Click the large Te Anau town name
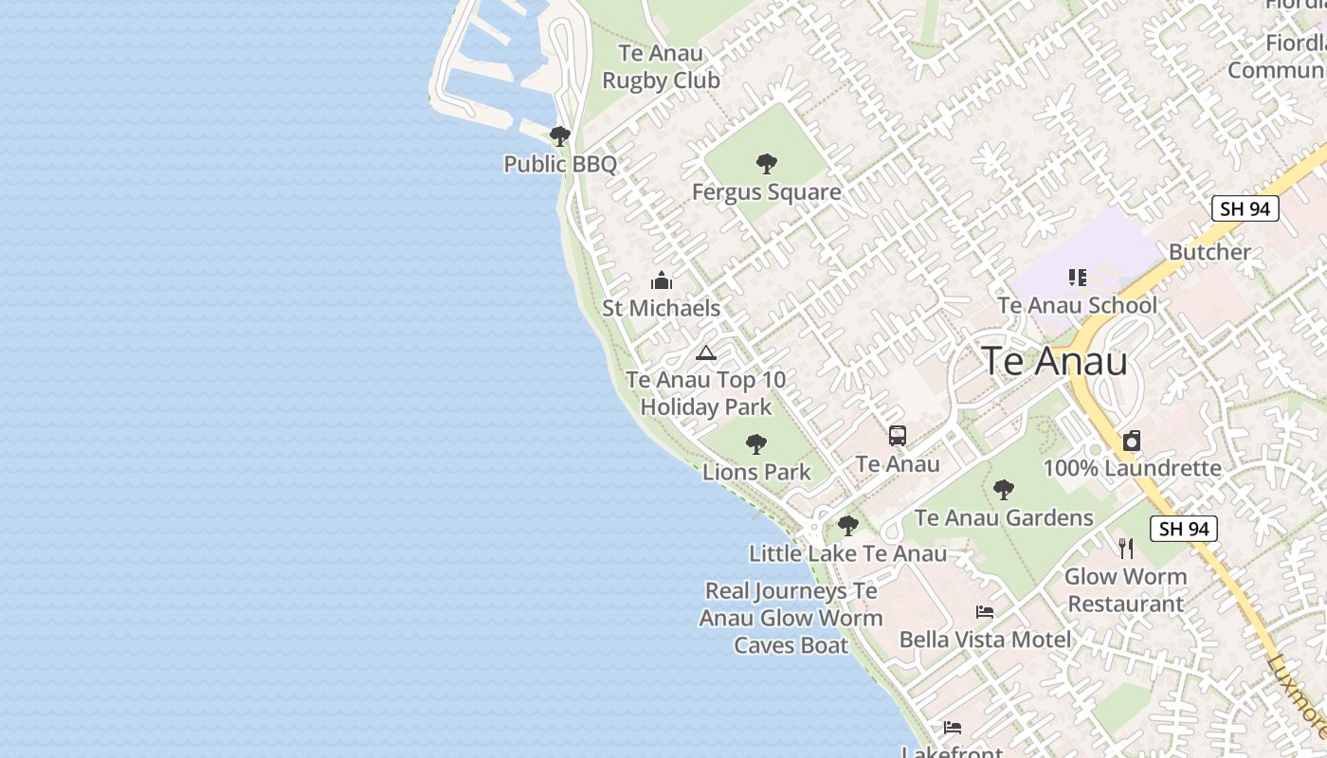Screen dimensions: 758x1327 [x=1054, y=362]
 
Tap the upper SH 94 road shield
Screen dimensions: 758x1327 [x=1245, y=209]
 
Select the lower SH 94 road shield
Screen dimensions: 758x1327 [x=1184, y=530]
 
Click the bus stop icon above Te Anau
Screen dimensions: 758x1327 [x=898, y=436]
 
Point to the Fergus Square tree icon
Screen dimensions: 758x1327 [x=767, y=164]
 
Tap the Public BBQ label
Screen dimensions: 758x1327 [x=560, y=164]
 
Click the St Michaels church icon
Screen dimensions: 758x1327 [x=662, y=280]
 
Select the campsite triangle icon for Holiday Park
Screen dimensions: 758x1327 [x=705, y=353]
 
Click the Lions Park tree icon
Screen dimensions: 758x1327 [x=755, y=443]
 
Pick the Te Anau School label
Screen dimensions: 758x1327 [x=1078, y=305]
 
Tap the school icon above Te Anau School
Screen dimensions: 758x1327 [x=1078, y=278]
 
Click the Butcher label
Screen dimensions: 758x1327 [x=1209, y=252]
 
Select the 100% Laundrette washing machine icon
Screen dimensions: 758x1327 [x=1132, y=441]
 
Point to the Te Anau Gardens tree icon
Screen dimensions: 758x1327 [x=1004, y=490]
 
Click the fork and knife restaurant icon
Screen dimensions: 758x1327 [x=1126, y=548]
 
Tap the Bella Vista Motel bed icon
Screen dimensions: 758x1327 [x=985, y=612]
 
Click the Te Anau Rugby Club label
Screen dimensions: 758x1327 [x=662, y=67]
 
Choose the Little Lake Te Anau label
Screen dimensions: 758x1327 [x=847, y=553]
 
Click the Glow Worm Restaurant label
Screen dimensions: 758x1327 [x=1125, y=590]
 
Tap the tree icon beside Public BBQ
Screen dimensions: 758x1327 [x=560, y=135]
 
